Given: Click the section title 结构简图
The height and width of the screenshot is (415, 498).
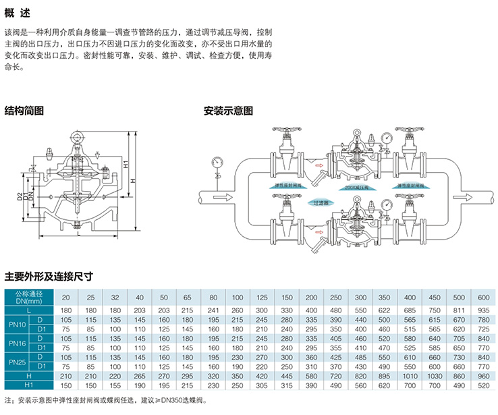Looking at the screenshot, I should pyautogui.click(x=24, y=110).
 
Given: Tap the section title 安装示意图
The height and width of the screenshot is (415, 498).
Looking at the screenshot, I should pyautogui.click(x=228, y=110).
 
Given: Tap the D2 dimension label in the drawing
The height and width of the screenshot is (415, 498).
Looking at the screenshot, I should pyautogui.click(x=21, y=198).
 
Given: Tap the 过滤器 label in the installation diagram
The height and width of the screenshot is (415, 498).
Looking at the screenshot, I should pyautogui.click(x=321, y=202).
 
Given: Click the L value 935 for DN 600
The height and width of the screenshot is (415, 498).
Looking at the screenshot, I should pyautogui.click(x=483, y=310).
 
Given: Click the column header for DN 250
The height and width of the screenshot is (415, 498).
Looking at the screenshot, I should pyautogui.click(x=335, y=297).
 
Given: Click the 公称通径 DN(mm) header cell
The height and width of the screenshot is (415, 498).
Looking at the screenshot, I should pyautogui.click(x=29, y=297).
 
